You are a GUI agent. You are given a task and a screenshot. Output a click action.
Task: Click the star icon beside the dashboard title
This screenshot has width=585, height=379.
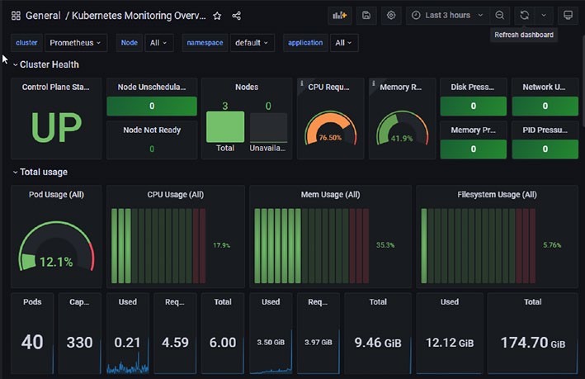tap(217, 16)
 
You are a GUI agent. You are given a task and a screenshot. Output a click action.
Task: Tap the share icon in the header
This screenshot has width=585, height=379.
tap(237, 16)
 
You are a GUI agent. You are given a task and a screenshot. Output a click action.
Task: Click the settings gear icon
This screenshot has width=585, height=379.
tap(391, 16)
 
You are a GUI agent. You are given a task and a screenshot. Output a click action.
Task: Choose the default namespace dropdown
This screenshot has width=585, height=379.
tap(252, 43)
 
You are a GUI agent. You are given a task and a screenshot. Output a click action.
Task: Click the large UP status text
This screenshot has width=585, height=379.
tap(56, 127)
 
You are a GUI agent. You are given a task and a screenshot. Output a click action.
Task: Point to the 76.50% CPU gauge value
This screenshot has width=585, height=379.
tap(330, 137)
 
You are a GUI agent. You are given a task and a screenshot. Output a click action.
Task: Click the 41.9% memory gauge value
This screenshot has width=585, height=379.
tap(402, 139)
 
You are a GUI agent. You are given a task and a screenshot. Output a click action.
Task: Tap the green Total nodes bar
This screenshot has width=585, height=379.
tap(225, 126)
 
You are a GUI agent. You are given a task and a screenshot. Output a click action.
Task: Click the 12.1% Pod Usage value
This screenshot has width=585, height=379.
tap(56, 262)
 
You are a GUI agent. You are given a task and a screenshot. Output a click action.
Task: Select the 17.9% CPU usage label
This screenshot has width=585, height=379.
tap(222, 245)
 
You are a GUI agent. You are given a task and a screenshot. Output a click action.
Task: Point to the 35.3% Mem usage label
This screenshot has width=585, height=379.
tap(385, 245)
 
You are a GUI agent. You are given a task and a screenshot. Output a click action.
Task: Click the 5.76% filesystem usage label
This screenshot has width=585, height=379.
tap(552, 245)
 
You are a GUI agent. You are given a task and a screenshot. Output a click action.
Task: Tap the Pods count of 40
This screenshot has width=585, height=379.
tap(32, 342)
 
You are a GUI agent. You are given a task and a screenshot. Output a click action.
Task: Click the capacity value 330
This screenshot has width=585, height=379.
tap(79, 343)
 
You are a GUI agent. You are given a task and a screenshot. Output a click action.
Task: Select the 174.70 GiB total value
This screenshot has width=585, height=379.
tap(533, 343)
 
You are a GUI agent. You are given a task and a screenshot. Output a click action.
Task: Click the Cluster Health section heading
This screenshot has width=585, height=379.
tap(50, 64)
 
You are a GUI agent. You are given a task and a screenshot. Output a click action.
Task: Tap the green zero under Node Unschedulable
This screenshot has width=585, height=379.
tap(152, 106)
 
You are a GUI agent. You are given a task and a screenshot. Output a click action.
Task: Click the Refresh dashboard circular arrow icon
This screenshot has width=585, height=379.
tap(525, 16)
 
